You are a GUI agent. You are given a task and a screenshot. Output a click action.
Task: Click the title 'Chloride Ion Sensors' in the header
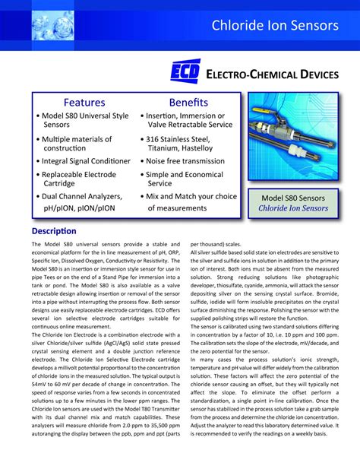275,25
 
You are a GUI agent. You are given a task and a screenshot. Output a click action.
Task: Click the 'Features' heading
84,102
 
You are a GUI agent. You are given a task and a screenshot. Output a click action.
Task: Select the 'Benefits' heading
188,102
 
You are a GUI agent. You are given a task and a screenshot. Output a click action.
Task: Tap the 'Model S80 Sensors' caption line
292,197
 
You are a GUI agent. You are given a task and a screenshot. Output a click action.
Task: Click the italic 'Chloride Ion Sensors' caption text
292,208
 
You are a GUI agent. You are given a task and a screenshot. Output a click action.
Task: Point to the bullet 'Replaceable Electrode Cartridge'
78,179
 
